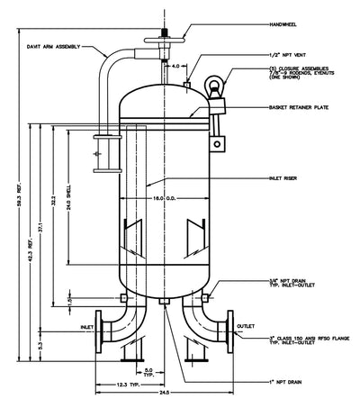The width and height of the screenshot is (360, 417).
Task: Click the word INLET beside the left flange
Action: coord(86,326)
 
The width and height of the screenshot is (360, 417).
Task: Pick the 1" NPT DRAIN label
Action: coord(265,383)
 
